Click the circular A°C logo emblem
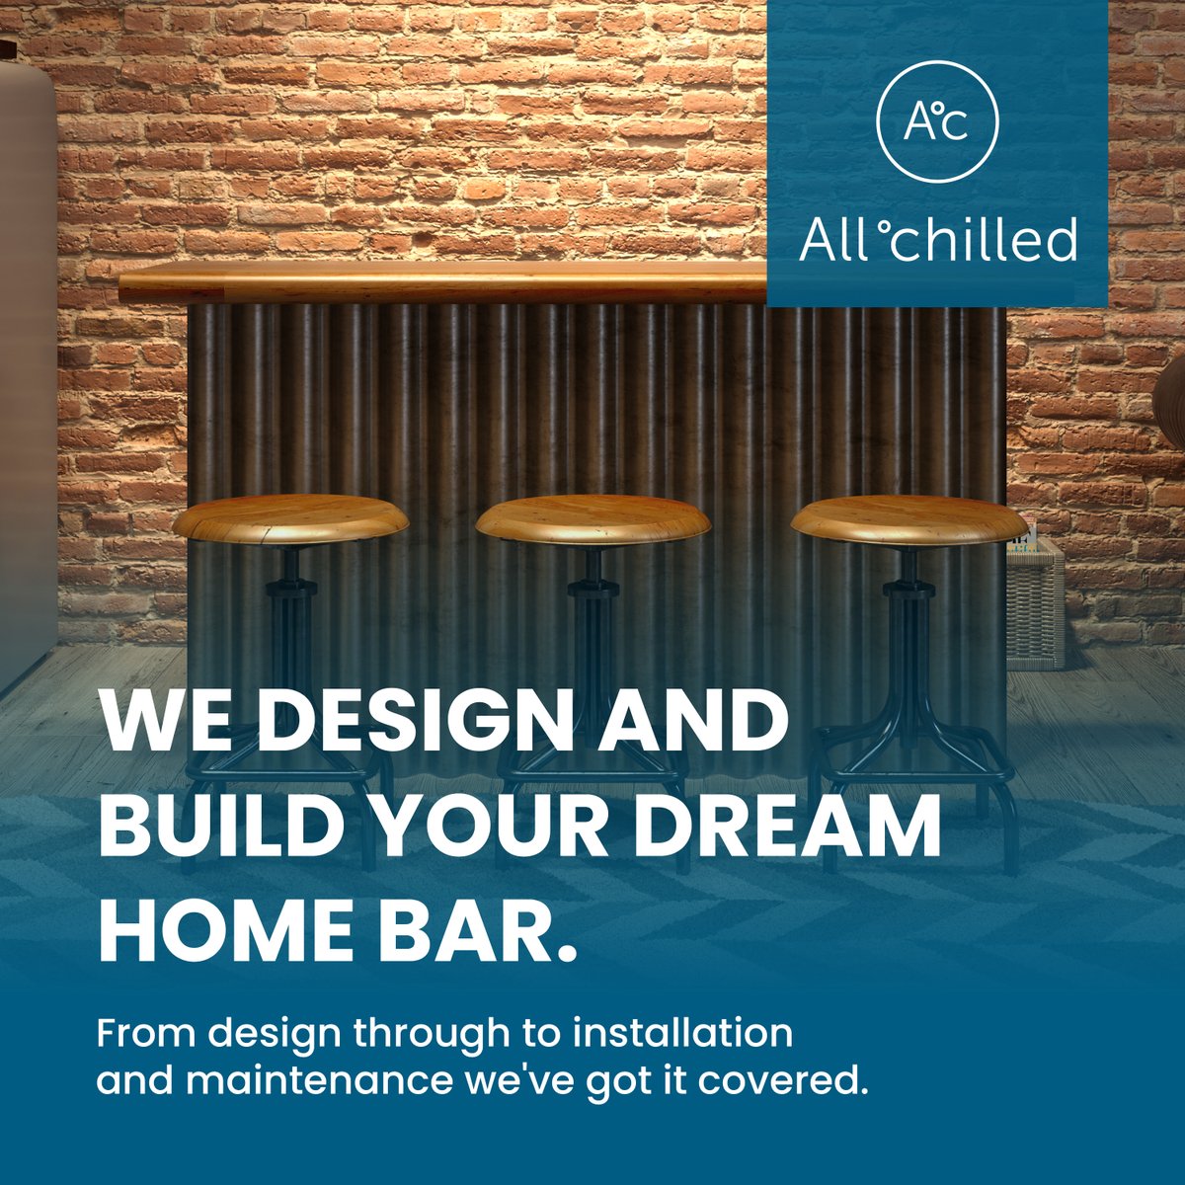(x=937, y=121)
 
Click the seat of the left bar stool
(x=290, y=517)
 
